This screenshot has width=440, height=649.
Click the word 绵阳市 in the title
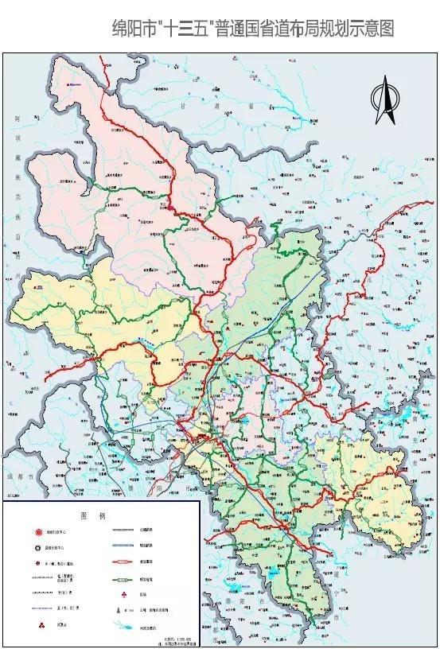pyautogui.click(x=134, y=30)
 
